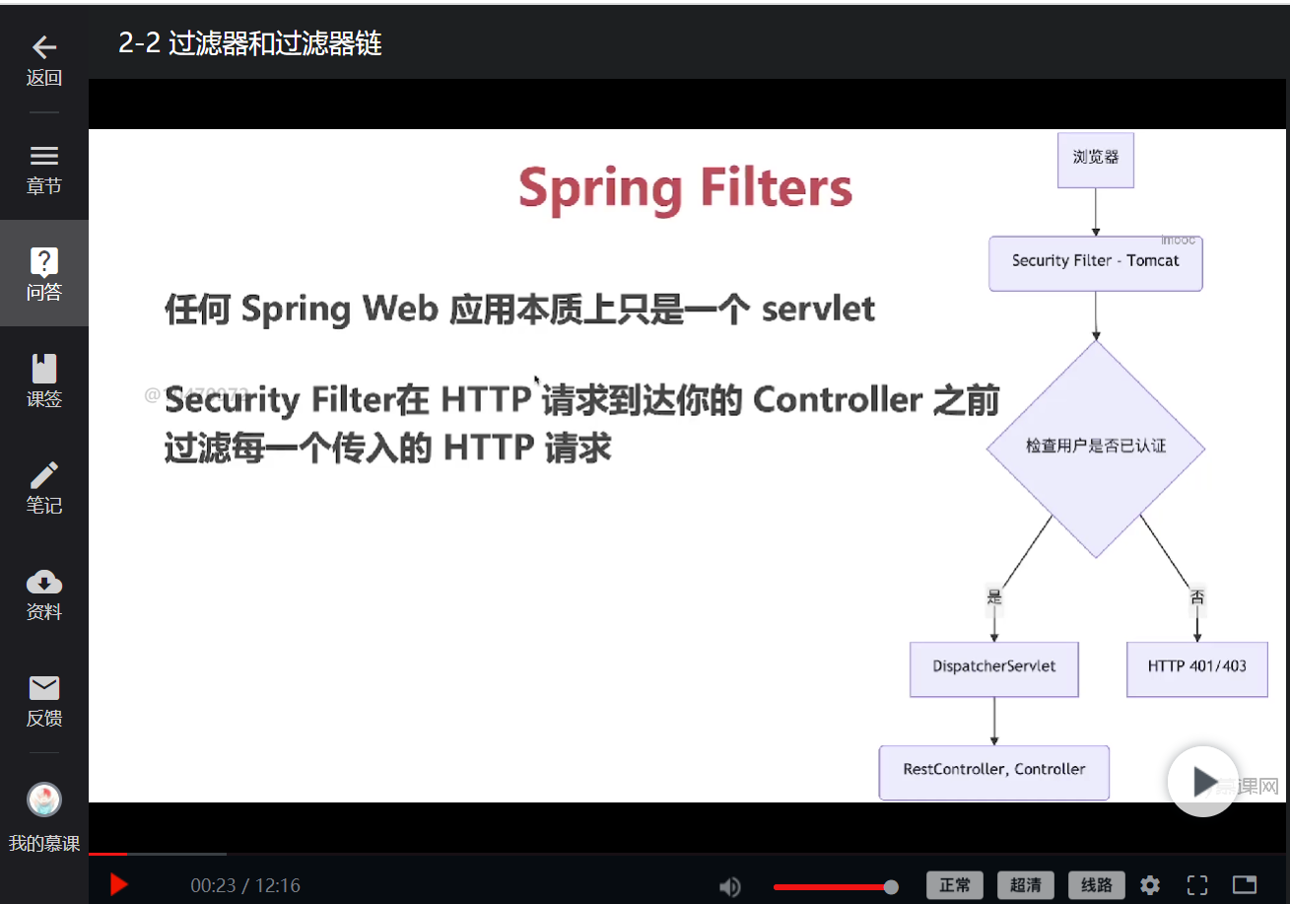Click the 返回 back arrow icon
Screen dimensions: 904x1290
44,47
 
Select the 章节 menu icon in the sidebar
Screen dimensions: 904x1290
44,156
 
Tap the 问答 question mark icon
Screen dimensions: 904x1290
44,261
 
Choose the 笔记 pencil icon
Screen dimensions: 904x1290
44,475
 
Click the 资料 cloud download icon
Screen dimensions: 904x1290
44,582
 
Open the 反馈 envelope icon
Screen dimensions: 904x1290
44,688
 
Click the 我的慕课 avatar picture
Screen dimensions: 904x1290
44,800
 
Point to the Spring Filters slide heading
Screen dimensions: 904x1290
685,188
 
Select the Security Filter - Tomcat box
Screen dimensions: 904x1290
1095,262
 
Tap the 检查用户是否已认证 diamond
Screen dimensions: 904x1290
1095,447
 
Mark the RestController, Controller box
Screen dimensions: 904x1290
993,771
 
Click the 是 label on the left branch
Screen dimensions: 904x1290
994,596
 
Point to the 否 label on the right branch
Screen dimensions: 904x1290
1197,596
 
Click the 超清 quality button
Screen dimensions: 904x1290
1025,885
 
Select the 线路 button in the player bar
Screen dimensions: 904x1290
1096,885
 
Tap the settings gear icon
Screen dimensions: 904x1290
1150,885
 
